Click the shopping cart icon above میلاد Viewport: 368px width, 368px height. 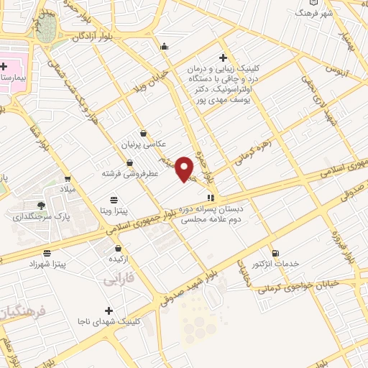(68, 179)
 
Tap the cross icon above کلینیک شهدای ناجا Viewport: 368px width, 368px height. (109, 310)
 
